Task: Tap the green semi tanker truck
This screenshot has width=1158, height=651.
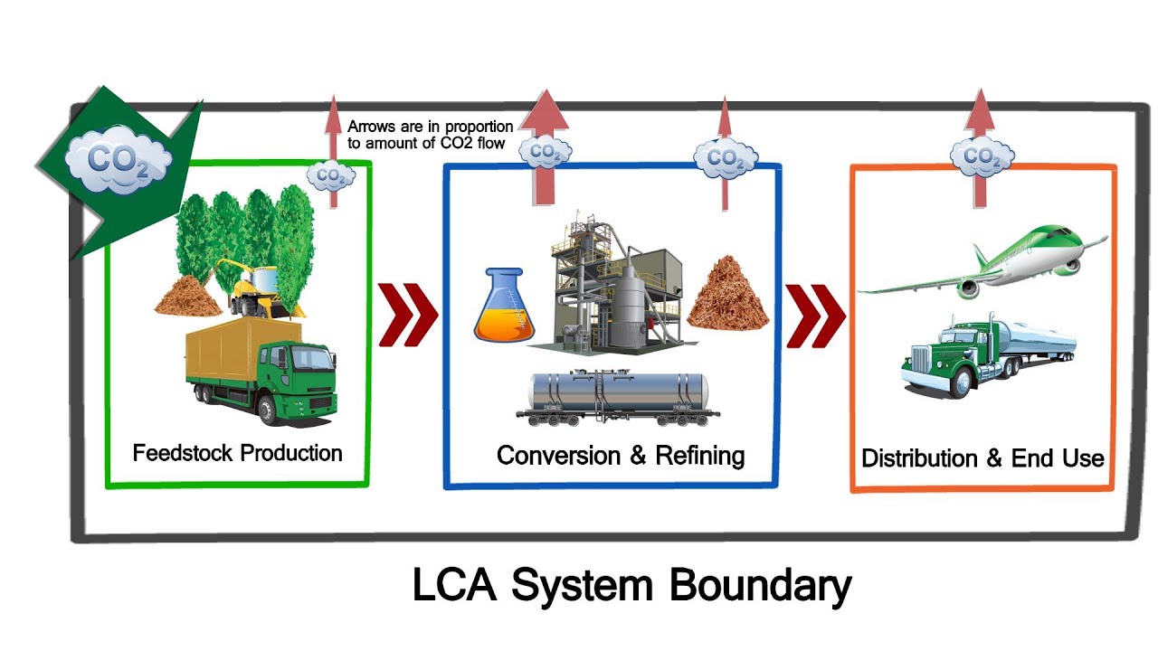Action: (986, 355)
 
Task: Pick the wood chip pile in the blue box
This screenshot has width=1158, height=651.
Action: (728, 293)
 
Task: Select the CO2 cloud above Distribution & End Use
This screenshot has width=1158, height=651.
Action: (980, 157)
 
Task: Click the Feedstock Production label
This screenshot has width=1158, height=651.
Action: (237, 453)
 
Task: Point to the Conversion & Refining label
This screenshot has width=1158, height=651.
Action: (621, 455)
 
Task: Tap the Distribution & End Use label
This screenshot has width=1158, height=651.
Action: (982, 458)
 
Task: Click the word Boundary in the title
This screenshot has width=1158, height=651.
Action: (760, 586)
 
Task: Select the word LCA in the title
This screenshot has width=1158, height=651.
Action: (456, 586)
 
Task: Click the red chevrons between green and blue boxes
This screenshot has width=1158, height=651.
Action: (407, 315)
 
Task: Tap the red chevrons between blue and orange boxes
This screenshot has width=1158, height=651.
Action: (815, 316)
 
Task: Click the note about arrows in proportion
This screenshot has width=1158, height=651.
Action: (430, 135)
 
